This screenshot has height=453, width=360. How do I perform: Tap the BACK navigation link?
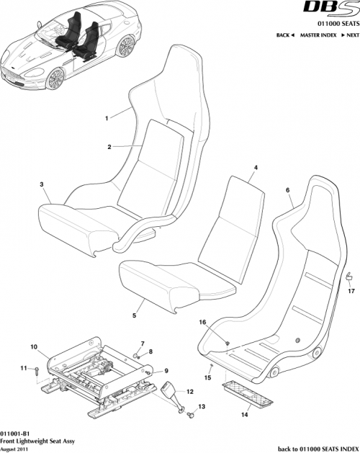point(286,35)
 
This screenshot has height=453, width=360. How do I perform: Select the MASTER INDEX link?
point(319,35)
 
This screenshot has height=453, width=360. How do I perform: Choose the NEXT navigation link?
point(351,35)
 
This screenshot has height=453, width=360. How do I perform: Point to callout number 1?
point(107,117)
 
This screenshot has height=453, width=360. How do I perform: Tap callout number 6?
point(288,190)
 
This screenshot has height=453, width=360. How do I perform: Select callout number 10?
point(33,346)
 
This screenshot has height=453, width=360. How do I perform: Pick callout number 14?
point(243,415)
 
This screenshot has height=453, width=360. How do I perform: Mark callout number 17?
point(351,291)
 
